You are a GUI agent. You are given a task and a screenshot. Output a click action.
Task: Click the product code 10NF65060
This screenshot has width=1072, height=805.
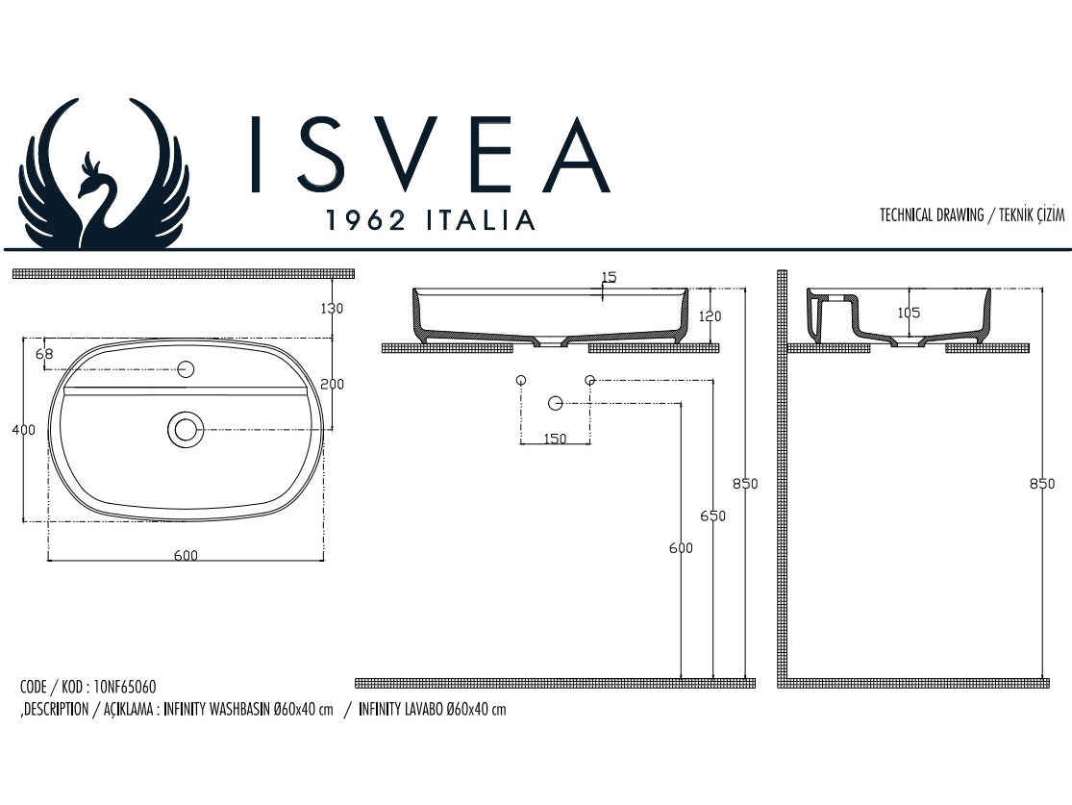(125, 688)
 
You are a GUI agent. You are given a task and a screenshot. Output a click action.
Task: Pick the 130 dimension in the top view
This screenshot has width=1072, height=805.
(333, 309)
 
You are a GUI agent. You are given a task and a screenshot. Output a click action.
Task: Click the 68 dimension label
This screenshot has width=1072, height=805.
(44, 354)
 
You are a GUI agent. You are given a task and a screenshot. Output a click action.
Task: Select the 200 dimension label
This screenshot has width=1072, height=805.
(333, 384)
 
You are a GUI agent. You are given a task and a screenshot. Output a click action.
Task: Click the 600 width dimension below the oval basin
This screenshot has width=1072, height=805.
(186, 555)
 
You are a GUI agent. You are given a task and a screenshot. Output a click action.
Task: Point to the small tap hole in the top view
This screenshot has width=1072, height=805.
(186, 368)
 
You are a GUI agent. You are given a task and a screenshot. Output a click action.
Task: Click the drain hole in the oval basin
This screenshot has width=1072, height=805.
(185, 429)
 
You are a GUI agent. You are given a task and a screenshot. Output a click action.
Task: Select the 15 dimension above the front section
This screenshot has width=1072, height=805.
(608, 277)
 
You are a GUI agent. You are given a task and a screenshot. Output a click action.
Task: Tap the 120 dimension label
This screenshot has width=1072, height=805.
(710, 316)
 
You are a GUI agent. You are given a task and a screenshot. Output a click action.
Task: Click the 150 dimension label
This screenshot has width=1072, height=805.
(554, 439)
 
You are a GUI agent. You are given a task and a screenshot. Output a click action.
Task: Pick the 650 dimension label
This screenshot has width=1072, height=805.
(712, 516)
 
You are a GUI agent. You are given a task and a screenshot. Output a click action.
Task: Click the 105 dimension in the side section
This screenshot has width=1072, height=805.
(908, 313)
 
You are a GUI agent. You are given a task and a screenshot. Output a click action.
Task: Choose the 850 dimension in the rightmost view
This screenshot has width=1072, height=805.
(1042, 484)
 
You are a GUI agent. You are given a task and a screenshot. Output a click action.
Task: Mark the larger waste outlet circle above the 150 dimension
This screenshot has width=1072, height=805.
(556, 403)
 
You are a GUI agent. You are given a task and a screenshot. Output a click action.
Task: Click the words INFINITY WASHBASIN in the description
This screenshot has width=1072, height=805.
(218, 711)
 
